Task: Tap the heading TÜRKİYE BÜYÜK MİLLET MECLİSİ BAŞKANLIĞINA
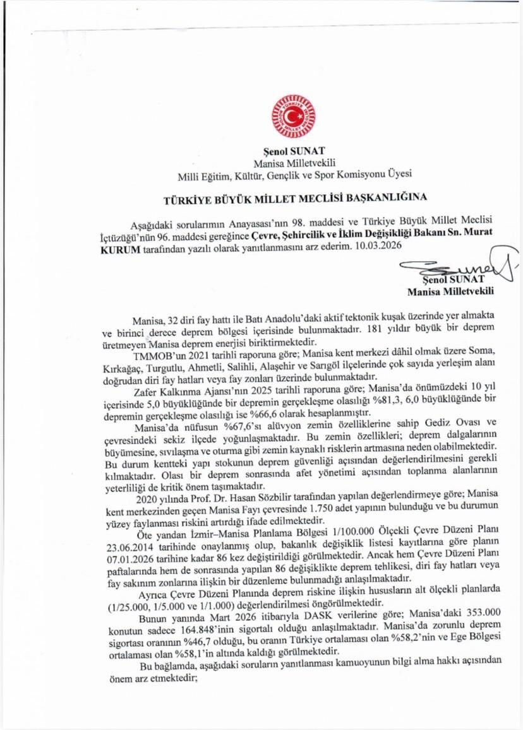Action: (x=296, y=196)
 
